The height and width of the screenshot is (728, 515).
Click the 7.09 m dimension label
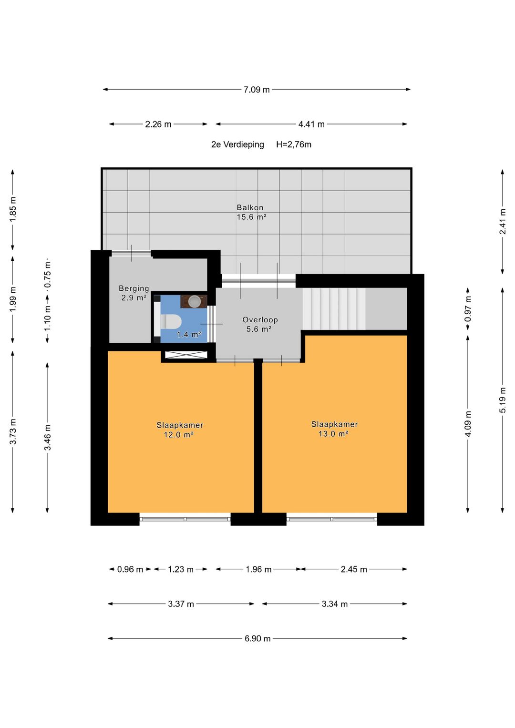[257, 89]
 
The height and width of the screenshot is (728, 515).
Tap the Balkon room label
[250, 207]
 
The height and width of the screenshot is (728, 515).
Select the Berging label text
[134, 288]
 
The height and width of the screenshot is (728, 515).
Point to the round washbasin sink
[195, 301]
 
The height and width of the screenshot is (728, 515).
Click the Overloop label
[260, 320]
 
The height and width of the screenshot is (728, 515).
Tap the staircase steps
[334, 309]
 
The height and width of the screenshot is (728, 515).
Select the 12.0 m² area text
[178, 434]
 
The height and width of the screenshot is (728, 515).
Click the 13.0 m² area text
[333, 433]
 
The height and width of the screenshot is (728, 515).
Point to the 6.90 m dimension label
[257, 639]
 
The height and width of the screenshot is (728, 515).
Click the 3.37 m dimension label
[181, 604]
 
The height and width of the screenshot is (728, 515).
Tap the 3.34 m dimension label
[335, 604]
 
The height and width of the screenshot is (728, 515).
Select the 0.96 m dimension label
[130, 569]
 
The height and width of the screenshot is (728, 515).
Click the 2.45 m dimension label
[354, 569]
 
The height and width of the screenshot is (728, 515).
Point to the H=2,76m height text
[294, 144]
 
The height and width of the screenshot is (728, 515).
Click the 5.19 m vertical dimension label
[503, 400]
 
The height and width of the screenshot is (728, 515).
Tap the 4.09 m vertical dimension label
[468, 424]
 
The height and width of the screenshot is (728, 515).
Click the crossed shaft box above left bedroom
[186, 355]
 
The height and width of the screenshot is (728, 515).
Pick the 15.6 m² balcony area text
[251, 217]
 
